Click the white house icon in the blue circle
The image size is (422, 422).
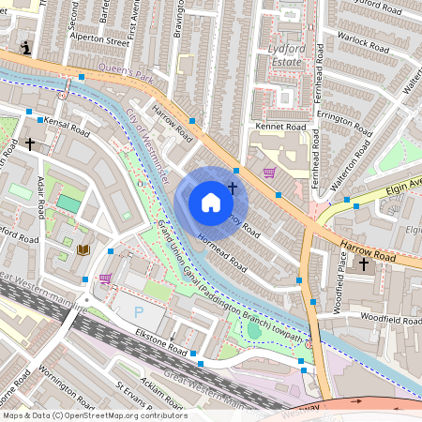pyautogui.click(x=211, y=203)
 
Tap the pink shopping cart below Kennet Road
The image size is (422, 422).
pyautogui.click(x=270, y=173)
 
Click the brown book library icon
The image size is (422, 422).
pyautogui.click(x=83, y=249)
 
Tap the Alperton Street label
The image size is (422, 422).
pyautogui.click(x=103, y=42)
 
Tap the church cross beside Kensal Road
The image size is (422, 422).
pyautogui.click(x=31, y=144)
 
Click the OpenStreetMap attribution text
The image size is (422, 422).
pyautogui.click(x=94, y=414)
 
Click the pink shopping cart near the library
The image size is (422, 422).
pyautogui.click(x=104, y=279)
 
